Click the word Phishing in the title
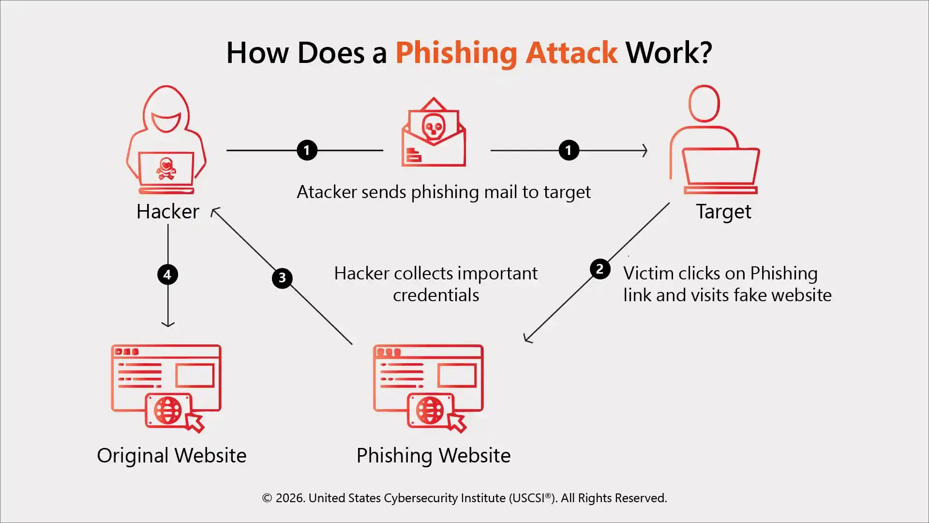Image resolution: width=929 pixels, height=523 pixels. pyautogui.click(x=456, y=53)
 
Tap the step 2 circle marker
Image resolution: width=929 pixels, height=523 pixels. pyautogui.click(x=599, y=269)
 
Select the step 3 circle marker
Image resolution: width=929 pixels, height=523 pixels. pyautogui.click(x=282, y=278)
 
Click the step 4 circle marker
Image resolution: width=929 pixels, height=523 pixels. pyautogui.click(x=167, y=275)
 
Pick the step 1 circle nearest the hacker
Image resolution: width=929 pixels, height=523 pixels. pyautogui.click(x=307, y=150)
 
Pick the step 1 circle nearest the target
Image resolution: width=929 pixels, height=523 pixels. pyautogui.click(x=569, y=150)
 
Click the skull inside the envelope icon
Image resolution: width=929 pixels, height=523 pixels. pyautogui.click(x=433, y=127)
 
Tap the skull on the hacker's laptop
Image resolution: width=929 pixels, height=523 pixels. pyautogui.click(x=166, y=168)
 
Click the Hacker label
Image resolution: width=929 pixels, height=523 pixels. pyautogui.click(x=167, y=212)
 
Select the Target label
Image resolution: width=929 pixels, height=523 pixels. pyautogui.click(x=723, y=212)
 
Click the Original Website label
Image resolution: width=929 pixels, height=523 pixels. pyautogui.click(x=171, y=456)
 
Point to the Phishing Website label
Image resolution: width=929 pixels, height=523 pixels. pyautogui.click(x=433, y=456)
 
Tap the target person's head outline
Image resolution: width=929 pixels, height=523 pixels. pyautogui.click(x=704, y=104)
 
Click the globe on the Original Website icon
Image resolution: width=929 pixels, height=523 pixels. pyautogui.click(x=168, y=410)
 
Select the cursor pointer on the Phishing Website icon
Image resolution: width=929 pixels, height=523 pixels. pyautogui.click(x=456, y=422)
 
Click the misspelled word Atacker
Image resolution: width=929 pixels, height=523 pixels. pyautogui.click(x=327, y=192)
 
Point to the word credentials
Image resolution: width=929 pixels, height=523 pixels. pyautogui.click(x=435, y=295)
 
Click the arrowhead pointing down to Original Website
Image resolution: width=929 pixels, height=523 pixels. pyautogui.click(x=168, y=324)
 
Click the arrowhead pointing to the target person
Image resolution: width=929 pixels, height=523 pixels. pyautogui.click(x=644, y=150)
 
